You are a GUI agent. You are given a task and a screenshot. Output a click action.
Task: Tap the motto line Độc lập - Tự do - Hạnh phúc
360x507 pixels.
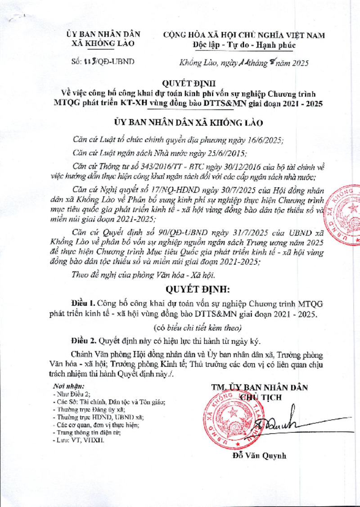tap(244, 45)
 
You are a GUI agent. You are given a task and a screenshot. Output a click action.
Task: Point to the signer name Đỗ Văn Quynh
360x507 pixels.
tap(259, 456)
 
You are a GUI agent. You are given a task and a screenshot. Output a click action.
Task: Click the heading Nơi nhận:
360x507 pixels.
tap(69, 386)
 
